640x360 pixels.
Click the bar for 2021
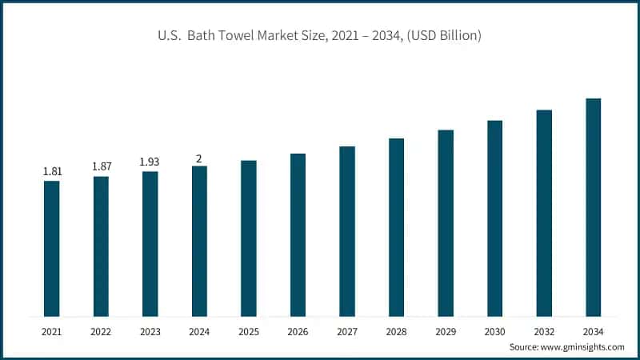click(x=51, y=248)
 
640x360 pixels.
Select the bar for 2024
click(x=199, y=241)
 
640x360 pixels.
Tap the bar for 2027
click(x=347, y=231)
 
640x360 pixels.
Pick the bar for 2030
click(x=494, y=218)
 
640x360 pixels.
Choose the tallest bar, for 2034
click(x=593, y=207)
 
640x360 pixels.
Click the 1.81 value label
click(x=51, y=171)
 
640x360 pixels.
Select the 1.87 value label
click(x=101, y=166)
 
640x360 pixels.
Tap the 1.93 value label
click(x=150, y=162)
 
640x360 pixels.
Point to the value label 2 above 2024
click(x=199, y=157)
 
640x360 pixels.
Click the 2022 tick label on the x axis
click(x=101, y=330)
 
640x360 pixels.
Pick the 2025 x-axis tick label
click(x=249, y=330)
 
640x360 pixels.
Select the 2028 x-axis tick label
click(x=396, y=330)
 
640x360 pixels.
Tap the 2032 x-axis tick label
click(x=544, y=330)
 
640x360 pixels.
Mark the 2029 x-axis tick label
click(x=446, y=330)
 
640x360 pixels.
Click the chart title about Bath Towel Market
click(x=320, y=36)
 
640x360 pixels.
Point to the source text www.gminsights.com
click(x=581, y=347)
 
